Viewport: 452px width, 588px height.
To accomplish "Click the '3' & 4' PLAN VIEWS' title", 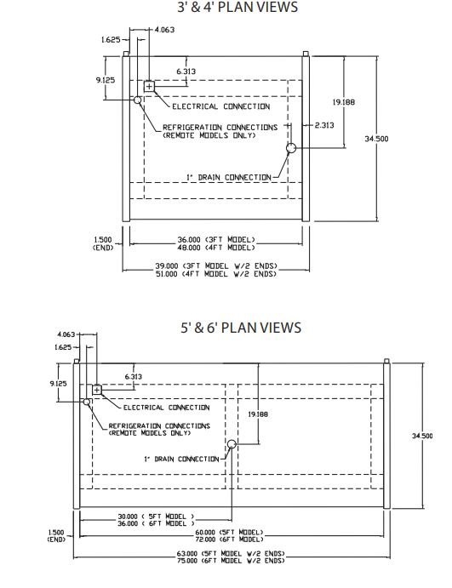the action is [237, 7].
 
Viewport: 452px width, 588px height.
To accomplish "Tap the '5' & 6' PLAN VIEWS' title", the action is [241, 328].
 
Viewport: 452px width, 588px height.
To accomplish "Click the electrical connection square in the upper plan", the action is [149, 87].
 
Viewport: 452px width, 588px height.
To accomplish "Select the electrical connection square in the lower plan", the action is [97, 390].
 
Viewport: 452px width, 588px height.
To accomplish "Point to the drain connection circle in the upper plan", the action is [291, 148].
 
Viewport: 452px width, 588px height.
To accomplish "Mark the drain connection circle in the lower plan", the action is [232, 444].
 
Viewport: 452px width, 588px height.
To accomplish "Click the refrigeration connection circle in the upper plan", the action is [138, 100].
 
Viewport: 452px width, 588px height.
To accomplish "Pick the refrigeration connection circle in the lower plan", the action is [87, 402].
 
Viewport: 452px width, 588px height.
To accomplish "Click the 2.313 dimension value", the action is [324, 125].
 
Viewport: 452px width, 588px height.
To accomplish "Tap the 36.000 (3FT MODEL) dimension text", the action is [216, 240].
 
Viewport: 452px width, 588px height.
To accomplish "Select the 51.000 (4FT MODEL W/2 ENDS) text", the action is [216, 274].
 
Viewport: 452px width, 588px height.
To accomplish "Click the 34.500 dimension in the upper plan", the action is [376, 139].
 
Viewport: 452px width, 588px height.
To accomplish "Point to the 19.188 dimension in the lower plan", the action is [258, 414].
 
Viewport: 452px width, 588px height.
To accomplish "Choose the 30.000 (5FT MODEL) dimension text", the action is [156, 517].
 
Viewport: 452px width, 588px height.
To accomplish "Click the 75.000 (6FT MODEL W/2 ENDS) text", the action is [231, 561].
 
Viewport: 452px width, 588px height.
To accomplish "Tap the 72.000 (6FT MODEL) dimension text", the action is [229, 539].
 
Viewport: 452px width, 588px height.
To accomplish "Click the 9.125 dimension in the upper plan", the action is [106, 80].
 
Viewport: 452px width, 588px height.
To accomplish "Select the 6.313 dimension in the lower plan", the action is [133, 376].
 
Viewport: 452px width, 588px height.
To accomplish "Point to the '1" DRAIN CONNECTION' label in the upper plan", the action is [229, 177].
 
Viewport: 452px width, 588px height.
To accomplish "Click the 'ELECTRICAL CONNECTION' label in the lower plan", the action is [167, 408].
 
